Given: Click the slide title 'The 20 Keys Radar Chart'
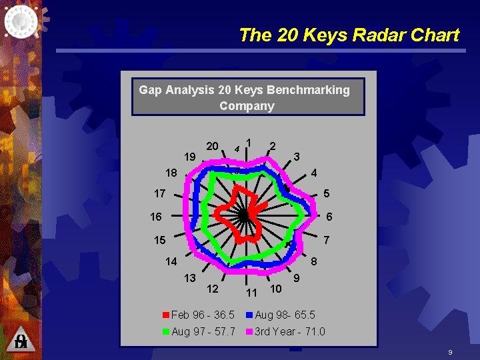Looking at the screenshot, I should [349, 35].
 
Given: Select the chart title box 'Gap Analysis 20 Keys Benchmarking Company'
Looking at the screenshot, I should [244, 97].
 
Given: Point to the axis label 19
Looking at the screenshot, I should [190, 158].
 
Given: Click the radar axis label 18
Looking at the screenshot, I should [171, 173].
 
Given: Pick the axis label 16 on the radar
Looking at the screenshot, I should [155, 217].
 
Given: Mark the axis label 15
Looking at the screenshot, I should [159, 239].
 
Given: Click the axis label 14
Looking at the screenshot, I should [171, 262].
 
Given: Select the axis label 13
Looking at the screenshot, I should [190, 277].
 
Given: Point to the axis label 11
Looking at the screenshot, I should [251, 293].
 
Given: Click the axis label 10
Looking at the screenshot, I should [275, 289].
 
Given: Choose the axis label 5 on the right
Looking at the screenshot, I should [327, 194].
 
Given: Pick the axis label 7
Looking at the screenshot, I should [326, 239].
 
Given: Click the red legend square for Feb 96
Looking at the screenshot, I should [166, 315].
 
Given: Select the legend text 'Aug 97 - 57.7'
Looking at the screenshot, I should [203, 331].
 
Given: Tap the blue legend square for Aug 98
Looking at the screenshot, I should [250, 315].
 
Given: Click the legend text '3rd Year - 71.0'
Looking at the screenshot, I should [289, 331].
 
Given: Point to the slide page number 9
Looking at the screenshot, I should [451, 351].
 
